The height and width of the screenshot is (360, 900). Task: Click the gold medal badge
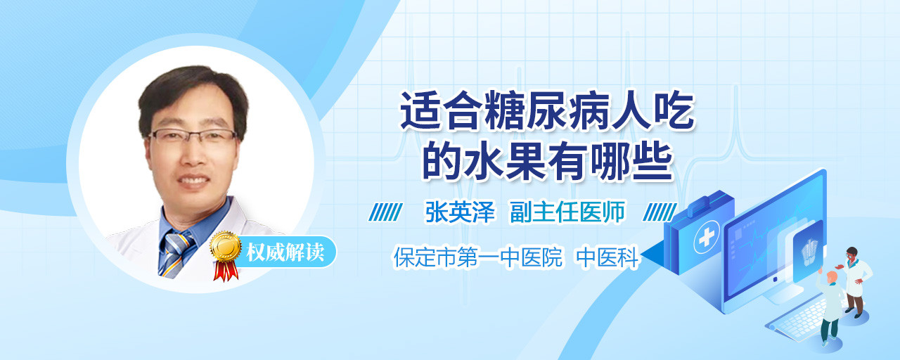coord(226,246)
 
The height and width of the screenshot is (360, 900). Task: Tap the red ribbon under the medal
coord(226,271)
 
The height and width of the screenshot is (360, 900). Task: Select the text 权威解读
coord(285,252)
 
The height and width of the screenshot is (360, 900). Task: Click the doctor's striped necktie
coord(176,254)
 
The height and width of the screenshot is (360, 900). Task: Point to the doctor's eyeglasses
coord(193,136)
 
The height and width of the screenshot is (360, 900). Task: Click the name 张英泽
coord(461,212)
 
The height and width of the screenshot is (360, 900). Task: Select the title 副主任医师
coord(567,212)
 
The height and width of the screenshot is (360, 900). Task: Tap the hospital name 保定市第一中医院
coord(477,257)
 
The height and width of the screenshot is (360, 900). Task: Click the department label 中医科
coord(607,257)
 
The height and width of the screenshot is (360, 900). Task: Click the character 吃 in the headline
coord(674,110)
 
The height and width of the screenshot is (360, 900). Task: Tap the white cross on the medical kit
coord(706,238)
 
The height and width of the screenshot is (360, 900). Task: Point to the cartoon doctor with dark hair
coord(855,282)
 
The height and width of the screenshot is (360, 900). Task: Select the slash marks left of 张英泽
coord(385,212)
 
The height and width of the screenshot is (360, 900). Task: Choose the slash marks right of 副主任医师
coord(660,212)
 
